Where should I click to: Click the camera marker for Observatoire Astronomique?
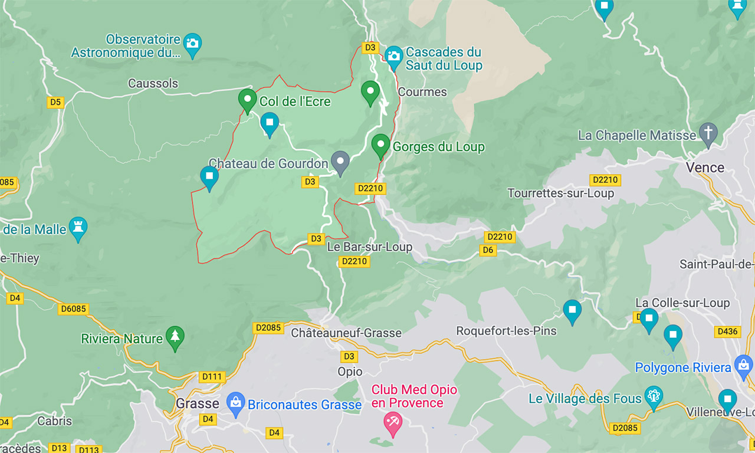(x=192, y=43)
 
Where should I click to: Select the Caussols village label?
(x=153, y=83)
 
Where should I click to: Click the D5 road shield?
(x=55, y=102)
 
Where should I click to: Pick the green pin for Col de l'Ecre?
(x=247, y=99)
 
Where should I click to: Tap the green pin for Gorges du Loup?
(x=380, y=144)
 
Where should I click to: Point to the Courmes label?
(x=422, y=92)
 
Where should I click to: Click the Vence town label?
(x=705, y=168)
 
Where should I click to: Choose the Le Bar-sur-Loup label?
(x=369, y=247)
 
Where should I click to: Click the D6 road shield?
(x=488, y=250)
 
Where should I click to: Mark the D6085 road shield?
(x=73, y=308)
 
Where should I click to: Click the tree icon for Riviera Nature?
(x=175, y=336)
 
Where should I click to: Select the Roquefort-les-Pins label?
(x=506, y=331)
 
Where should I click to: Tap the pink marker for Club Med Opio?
(x=392, y=422)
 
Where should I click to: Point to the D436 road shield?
(x=727, y=331)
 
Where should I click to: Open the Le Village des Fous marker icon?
(x=654, y=395)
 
